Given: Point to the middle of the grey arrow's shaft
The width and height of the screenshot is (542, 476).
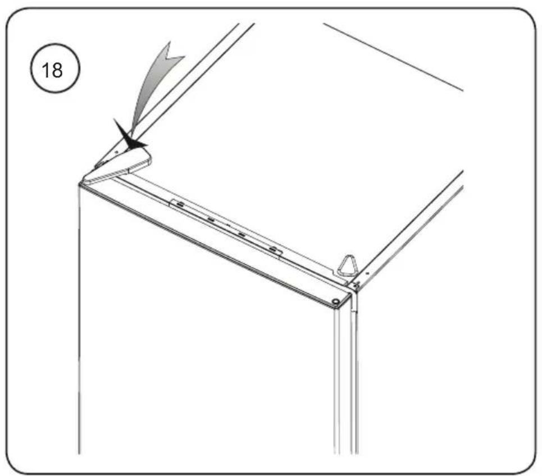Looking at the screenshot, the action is (x=147, y=90).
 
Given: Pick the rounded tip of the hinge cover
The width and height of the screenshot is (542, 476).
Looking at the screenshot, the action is (x=148, y=161).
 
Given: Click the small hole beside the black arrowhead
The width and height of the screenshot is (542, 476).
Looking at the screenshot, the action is (x=116, y=152).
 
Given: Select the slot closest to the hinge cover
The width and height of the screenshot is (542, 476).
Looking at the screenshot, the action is (x=180, y=205).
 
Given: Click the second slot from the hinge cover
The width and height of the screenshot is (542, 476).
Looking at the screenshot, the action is (x=211, y=219).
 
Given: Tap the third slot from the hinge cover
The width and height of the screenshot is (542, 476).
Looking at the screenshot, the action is (x=242, y=235).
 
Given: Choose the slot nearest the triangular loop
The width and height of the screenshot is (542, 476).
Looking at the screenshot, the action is (x=273, y=249).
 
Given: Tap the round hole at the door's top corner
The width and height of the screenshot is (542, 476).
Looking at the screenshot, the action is (x=335, y=302).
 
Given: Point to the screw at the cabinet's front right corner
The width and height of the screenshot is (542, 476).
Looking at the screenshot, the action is (x=356, y=285).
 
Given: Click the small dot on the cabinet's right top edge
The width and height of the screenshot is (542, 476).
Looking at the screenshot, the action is (x=367, y=273).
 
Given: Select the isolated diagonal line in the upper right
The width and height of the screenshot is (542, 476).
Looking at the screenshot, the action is (x=393, y=57).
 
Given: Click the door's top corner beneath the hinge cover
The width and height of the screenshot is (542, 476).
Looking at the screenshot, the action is (x=80, y=185).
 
